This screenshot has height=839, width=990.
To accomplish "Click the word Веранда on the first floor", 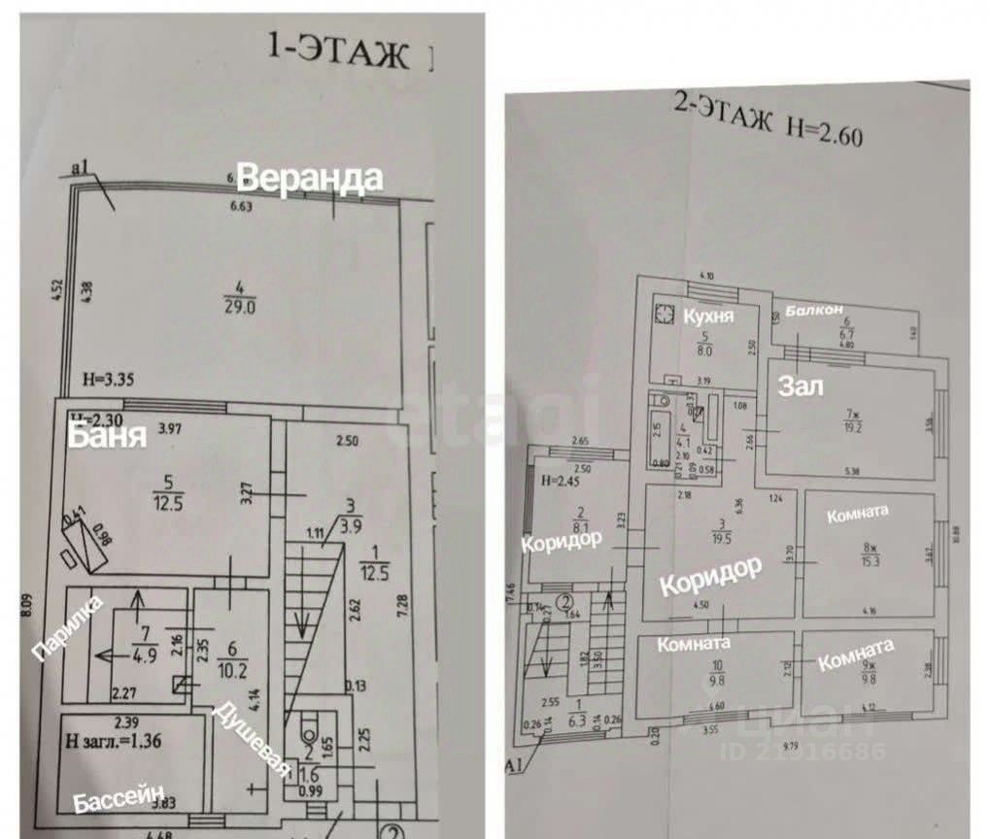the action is [310, 178].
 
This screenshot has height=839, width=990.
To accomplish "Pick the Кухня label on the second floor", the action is [706, 318].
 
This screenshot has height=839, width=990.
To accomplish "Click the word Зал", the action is [802, 387].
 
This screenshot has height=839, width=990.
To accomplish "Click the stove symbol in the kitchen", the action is [666, 314].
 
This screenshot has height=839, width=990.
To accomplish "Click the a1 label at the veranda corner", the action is [81, 172].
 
